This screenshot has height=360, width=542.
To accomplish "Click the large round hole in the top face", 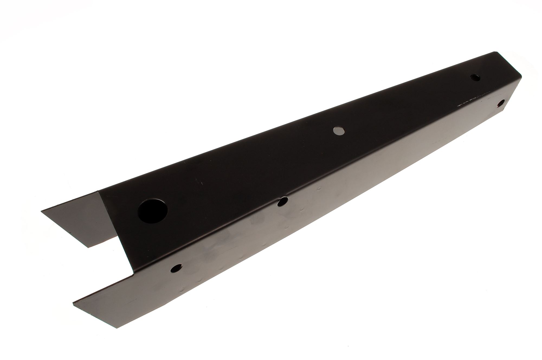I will (153, 211).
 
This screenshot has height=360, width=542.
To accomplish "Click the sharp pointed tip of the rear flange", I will (41, 211).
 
